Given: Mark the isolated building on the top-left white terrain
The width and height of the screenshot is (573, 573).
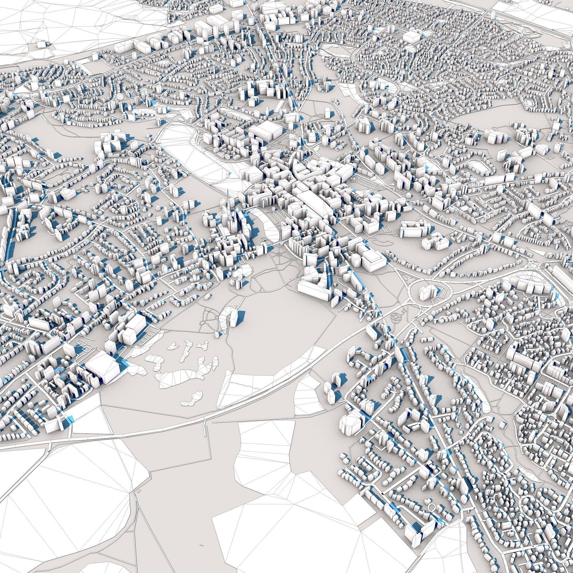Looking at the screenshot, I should [x=42, y=44].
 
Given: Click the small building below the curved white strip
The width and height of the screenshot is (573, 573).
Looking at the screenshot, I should [x=218, y=334].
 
